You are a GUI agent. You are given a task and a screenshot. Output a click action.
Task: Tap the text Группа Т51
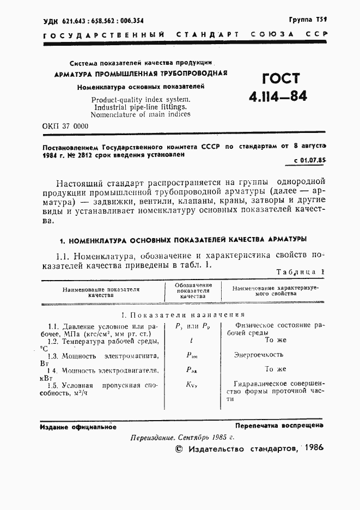pos(308,19)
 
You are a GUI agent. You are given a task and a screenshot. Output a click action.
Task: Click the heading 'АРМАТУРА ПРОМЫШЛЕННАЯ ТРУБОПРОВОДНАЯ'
pos(140,73)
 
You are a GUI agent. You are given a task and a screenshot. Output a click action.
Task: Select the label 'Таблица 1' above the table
pos(301,271)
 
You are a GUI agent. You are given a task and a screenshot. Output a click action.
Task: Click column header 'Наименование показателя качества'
pos(101,292)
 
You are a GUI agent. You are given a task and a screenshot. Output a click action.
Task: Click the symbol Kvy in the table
pos(190,384)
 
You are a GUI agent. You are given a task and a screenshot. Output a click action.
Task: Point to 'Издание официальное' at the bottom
pos(78,427)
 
